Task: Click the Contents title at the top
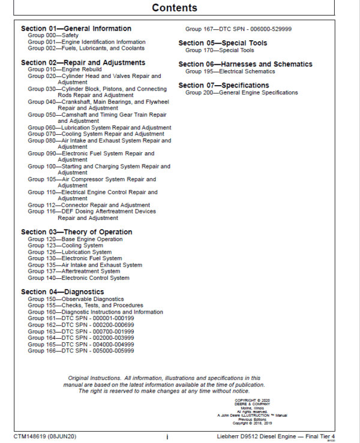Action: [x=174, y=8]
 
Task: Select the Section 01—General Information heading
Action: [x=76, y=28]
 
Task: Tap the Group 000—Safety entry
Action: [x=53, y=35]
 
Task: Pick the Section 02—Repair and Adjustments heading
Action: [x=83, y=62]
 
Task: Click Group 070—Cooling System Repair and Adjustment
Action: [x=95, y=134]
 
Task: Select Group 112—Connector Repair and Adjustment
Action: [x=88, y=205]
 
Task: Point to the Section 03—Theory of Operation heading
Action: [x=76, y=232]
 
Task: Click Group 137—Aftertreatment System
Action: [x=74, y=272]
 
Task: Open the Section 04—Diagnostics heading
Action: [x=62, y=292]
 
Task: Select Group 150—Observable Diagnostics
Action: [x=76, y=299]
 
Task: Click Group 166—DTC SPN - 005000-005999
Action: [x=80, y=351]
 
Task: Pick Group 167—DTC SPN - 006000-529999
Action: [x=238, y=29]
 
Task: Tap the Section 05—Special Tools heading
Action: [x=223, y=43]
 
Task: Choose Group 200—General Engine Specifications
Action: [x=241, y=93]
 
